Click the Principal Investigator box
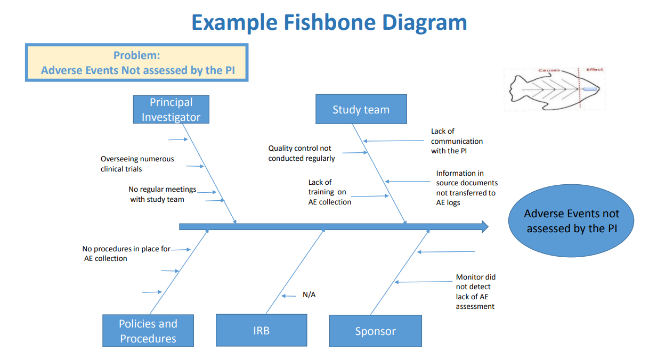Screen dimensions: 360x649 [171, 110]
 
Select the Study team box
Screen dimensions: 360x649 [361, 110]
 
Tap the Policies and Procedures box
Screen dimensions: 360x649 [148, 331]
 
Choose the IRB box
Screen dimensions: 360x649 [261, 331]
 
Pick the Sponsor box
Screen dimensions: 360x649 [375, 331]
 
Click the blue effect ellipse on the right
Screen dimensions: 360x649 [571, 221]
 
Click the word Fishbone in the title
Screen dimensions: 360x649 [330, 22]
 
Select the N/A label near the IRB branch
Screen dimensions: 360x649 [309, 294]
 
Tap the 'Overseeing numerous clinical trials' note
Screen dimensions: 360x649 [137, 163]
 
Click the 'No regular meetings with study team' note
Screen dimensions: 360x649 [162, 194]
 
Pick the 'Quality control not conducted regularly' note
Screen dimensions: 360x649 [301, 153]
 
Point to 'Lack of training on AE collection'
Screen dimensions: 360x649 [329, 192]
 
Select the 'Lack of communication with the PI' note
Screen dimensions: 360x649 [457, 141]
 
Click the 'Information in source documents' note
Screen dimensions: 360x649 [466, 187]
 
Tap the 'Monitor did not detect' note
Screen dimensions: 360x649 [475, 291]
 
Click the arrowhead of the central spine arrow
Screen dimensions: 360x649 [484, 226]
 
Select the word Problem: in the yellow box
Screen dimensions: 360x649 [136, 55]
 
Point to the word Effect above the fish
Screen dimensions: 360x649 [595, 70]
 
